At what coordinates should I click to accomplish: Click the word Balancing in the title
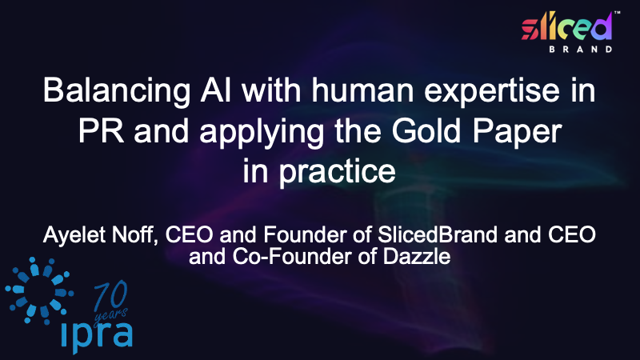pos(116,91)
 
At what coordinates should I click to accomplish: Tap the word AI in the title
pos(215,90)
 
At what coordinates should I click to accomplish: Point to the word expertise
pos(492,91)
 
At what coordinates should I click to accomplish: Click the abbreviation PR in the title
pos(102,130)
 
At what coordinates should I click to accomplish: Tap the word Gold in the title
pos(426,130)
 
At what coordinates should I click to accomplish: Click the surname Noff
pos(134,235)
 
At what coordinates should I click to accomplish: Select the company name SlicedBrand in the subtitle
pos(438,234)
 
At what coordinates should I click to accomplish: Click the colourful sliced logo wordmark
pos(567,26)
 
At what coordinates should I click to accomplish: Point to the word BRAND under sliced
pos(581,50)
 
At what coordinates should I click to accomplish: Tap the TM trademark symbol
pos(617,13)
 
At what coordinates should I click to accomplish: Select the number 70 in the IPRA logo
pos(110,296)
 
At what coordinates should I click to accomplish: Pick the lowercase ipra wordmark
pos(97,336)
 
